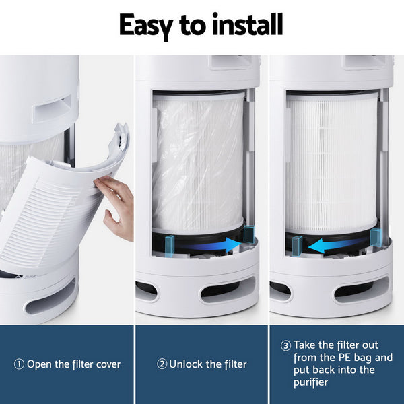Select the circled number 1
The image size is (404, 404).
[x=19, y=364]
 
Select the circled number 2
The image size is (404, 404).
[x=162, y=364]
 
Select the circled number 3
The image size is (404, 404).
[x=286, y=345]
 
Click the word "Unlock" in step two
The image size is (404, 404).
[x=186, y=364]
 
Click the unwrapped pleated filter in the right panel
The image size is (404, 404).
[x=332, y=162]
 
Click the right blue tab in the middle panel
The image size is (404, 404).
[x=249, y=234]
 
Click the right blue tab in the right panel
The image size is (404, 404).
[x=376, y=236]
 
